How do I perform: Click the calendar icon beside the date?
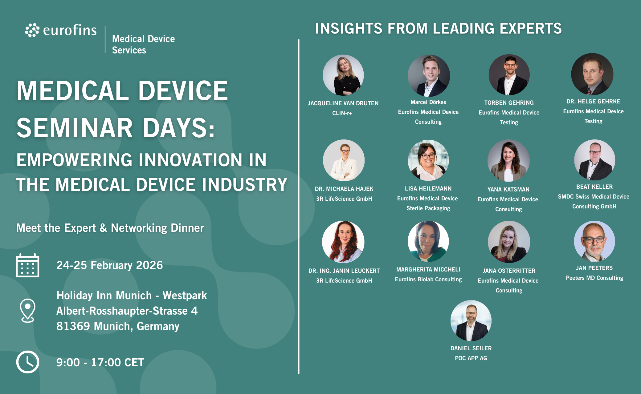(27, 265)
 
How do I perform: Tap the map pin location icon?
(27, 311)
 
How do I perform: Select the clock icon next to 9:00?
(28, 362)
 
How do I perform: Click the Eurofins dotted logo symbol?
(32, 30)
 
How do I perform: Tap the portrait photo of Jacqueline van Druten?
(343, 75)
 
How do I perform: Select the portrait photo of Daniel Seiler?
(471, 321)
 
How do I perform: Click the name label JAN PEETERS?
(594, 268)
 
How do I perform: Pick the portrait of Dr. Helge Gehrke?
(592, 74)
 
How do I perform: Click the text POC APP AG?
(471, 358)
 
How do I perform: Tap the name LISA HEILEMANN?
(428, 189)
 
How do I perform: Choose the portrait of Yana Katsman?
(508, 161)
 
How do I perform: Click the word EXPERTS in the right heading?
(531, 29)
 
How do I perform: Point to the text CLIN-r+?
(342, 113)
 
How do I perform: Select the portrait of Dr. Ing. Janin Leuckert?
(343, 242)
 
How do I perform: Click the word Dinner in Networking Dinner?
(187, 228)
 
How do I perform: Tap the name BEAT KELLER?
(594, 187)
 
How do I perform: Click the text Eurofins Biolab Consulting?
(428, 279)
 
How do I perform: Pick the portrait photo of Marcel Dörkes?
(429, 76)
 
